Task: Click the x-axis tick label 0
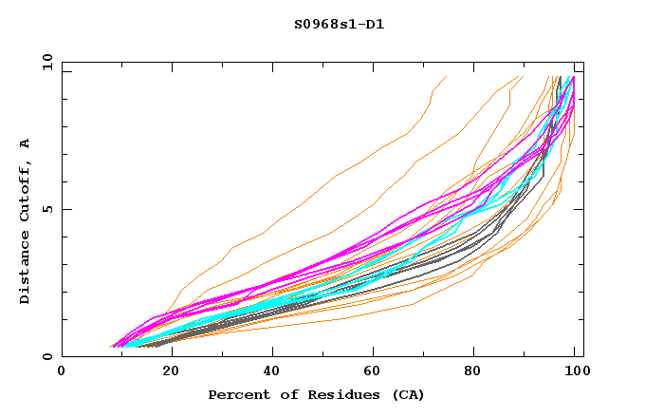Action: [62, 372]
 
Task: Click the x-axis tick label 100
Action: [575, 372]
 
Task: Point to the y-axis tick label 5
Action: [50, 210]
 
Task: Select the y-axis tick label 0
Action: [50, 357]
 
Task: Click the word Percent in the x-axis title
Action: [234, 394]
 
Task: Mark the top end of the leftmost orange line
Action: [446, 76]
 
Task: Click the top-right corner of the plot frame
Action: [583, 63]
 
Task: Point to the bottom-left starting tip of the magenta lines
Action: [112, 347]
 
